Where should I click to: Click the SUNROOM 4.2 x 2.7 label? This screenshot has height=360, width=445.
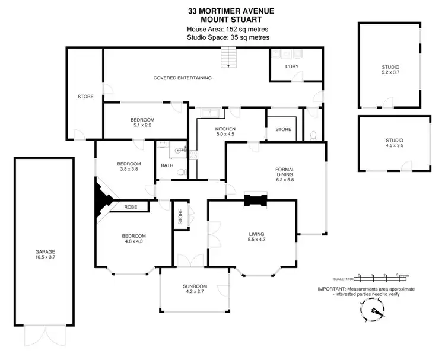[x=195, y=289]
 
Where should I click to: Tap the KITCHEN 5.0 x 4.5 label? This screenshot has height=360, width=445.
[x=225, y=132]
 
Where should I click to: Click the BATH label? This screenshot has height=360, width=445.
[x=167, y=166]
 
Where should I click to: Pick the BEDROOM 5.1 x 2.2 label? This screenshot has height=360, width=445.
[x=142, y=123]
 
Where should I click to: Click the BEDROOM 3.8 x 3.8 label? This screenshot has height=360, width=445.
[x=129, y=166]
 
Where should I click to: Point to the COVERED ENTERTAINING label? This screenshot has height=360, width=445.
[x=182, y=78]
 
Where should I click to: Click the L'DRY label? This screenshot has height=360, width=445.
[x=291, y=66]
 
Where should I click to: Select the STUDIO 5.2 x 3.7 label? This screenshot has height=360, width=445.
[x=390, y=69]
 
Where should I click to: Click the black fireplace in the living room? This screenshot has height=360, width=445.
[x=255, y=200]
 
